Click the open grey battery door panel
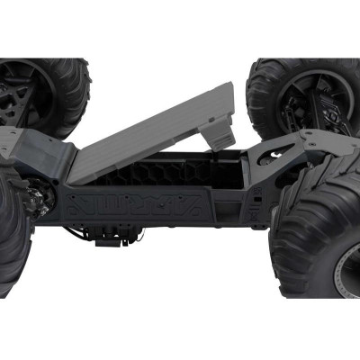pyautogui.click(x=153, y=135)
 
